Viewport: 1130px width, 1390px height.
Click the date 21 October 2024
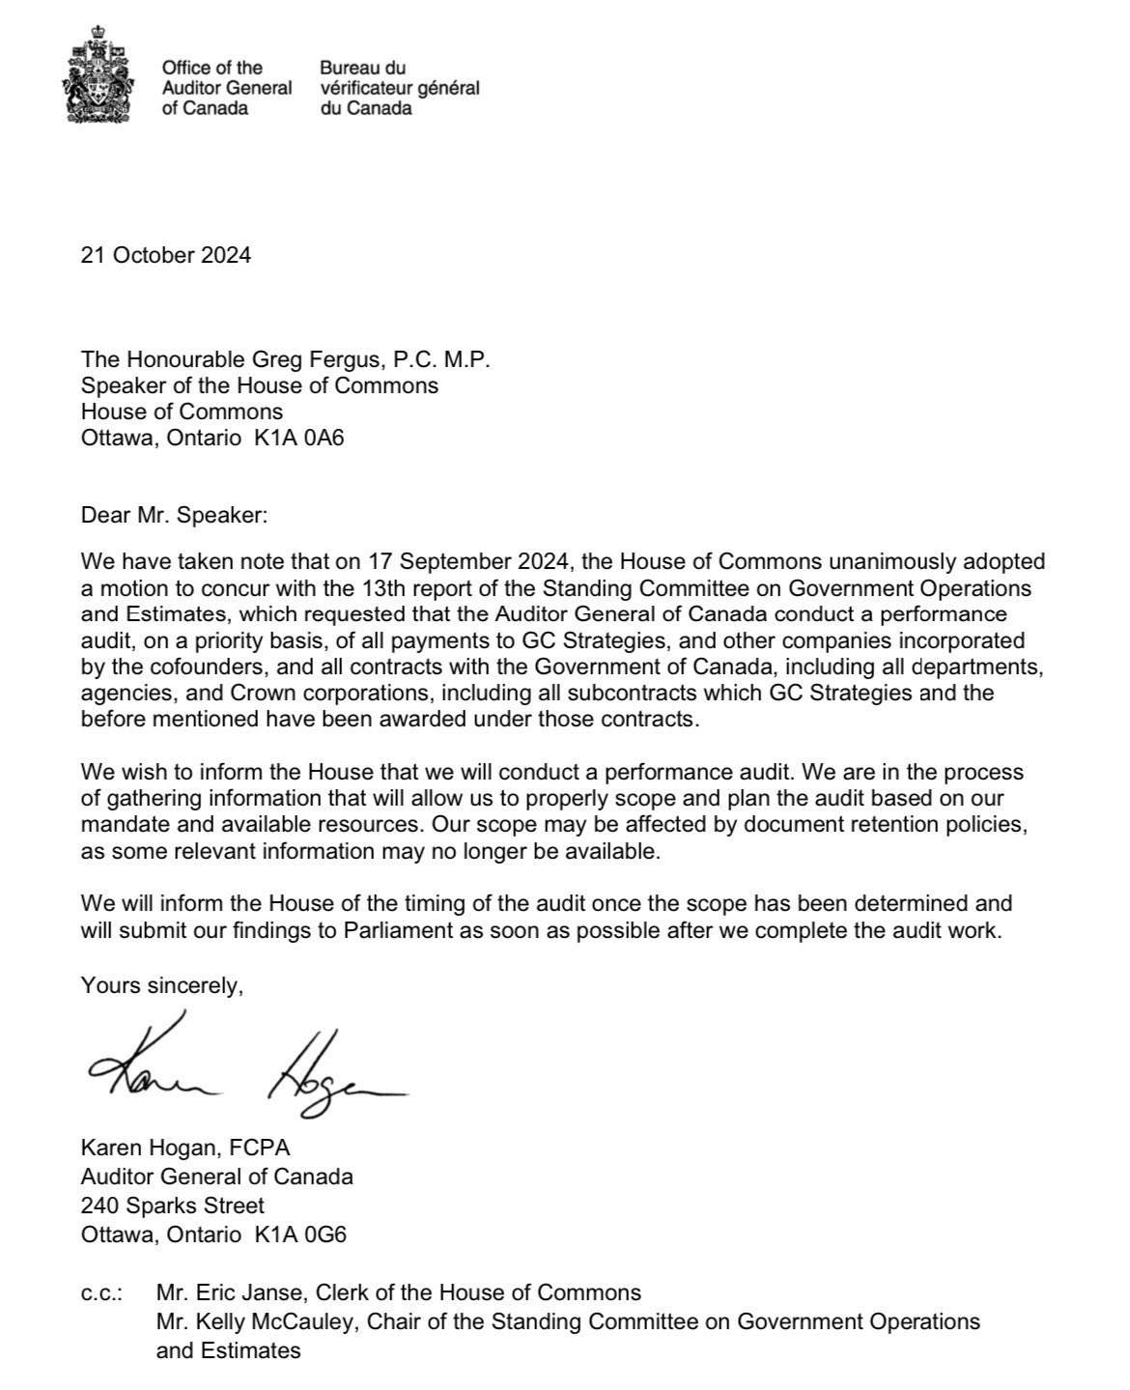[166, 256]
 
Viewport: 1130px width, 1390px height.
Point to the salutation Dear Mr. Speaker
[174, 515]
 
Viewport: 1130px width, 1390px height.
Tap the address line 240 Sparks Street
[173, 1206]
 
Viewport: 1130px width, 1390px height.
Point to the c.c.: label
[102, 1292]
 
